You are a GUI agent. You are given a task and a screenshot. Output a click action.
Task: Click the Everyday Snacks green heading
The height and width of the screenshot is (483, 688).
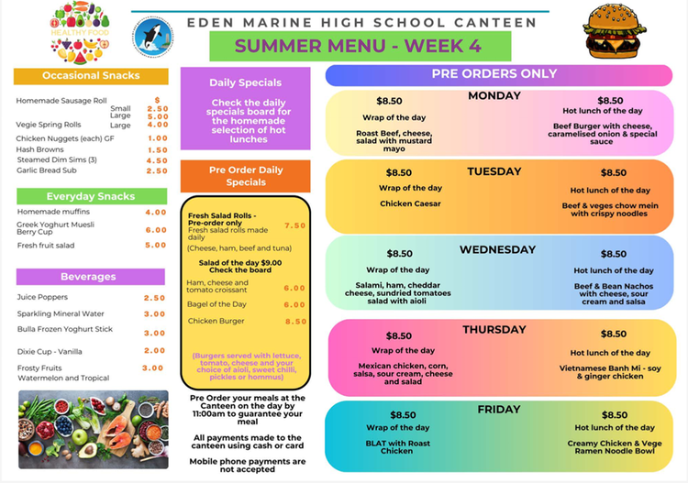coord(91,196)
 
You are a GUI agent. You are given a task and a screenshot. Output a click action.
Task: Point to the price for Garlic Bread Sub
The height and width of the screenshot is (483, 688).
coord(157,170)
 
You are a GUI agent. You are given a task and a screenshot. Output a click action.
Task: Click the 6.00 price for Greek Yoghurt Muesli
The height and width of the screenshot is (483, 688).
coord(156,230)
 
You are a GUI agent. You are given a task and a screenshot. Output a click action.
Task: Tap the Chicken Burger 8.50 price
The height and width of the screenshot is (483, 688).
coord(295,321)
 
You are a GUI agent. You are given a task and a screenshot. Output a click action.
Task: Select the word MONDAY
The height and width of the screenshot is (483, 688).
coord(494,95)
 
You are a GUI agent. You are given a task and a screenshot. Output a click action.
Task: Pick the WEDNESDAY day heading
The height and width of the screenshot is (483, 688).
coord(497,249)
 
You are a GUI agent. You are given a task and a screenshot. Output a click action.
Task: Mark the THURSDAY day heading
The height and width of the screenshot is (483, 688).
coord(494,330)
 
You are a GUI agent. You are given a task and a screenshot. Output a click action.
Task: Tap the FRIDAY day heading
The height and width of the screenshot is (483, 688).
coord(499,410)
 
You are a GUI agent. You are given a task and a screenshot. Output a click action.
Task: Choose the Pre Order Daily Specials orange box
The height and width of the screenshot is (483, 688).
coord(245,176)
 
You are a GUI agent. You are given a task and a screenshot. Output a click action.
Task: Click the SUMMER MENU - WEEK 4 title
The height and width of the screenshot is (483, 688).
coord(360,45)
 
